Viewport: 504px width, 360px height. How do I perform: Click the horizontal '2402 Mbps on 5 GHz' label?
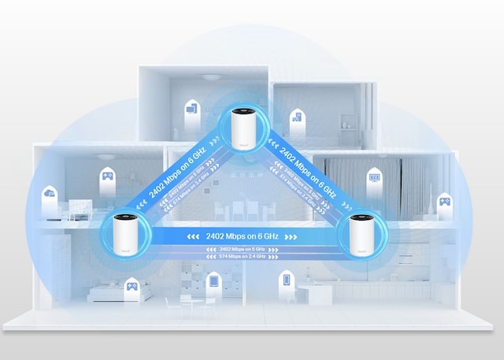[242, 250]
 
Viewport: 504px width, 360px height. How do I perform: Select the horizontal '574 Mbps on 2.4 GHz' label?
[242, 258]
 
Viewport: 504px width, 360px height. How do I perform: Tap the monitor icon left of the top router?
[191, 113]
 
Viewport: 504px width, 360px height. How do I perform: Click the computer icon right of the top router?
[296, 119]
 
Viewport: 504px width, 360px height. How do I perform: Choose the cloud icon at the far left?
[50, 192]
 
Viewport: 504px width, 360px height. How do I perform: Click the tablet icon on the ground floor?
[212, 280]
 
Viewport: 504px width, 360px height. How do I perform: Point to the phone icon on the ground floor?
[287, 278]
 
